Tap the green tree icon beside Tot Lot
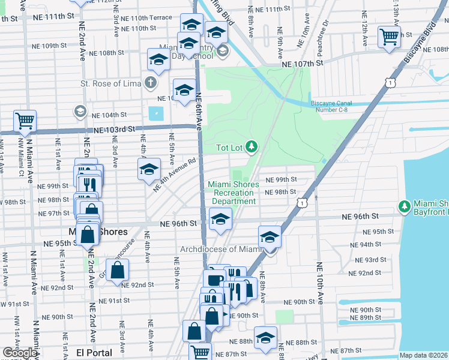(252, 146)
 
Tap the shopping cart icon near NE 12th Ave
(389, 37)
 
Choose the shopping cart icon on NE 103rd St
(25, 121)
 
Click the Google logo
(20, 353)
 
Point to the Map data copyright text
(423, 355)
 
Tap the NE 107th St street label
(304, 62)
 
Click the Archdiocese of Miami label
(222, 249)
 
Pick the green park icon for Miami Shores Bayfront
(405, 207)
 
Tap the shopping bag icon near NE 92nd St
(117, 271)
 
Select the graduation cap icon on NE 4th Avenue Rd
(149, 169)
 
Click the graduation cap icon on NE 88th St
(265, 337)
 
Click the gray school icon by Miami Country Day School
(222, 50)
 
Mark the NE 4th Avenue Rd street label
(175, 176)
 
